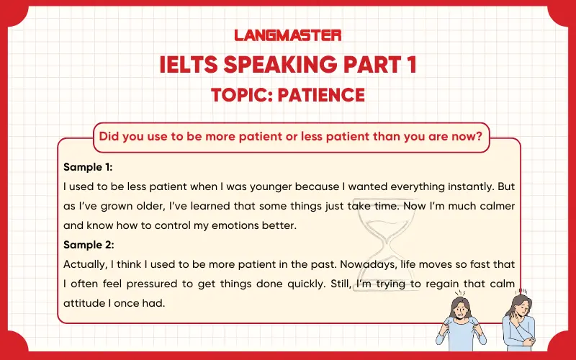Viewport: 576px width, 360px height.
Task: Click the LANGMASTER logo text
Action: point(288,35)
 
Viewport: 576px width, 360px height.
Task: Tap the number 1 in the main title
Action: point(409,65)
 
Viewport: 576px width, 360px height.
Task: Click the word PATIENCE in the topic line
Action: point(322,94)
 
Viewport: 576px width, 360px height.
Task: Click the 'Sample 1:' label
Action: point(88,167)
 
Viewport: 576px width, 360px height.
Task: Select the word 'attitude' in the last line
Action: point(84,302)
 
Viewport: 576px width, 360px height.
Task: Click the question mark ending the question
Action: point(477,137)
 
